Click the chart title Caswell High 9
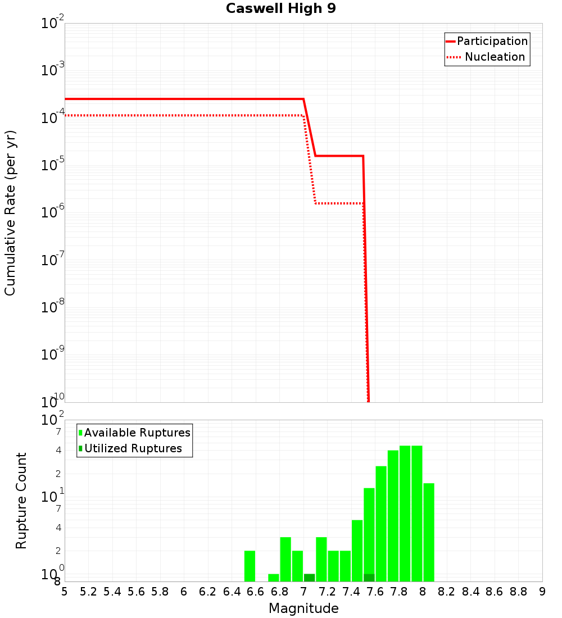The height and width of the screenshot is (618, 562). point(281,9)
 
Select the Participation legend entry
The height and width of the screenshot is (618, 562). point(487,41)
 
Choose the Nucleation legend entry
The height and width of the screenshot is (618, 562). point(487,57)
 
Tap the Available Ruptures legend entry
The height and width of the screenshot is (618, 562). point(135,433)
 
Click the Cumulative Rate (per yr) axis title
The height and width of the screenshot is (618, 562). point(10,213)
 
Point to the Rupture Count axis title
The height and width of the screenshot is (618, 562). point(21,501)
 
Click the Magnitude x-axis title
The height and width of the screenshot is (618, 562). point(303,608)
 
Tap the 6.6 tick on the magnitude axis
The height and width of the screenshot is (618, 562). point(256,592)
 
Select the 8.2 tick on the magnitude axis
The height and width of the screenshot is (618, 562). point(447,592)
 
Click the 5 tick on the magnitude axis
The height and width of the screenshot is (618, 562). point(65,592)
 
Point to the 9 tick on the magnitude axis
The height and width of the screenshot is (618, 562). point(542,592)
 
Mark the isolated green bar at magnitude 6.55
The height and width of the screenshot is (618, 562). point(250,566)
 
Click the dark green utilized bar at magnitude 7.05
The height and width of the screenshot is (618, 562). point(309,578)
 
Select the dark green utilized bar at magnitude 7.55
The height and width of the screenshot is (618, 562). point(369,578)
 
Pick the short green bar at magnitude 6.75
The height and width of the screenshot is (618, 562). point(274,578)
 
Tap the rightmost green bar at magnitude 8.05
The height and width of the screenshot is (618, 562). point(429,532)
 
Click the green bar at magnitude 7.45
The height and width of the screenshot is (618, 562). point(357,551)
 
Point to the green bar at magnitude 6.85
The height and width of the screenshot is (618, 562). point(285,559)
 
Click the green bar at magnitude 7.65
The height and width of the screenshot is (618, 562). point(381,524)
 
